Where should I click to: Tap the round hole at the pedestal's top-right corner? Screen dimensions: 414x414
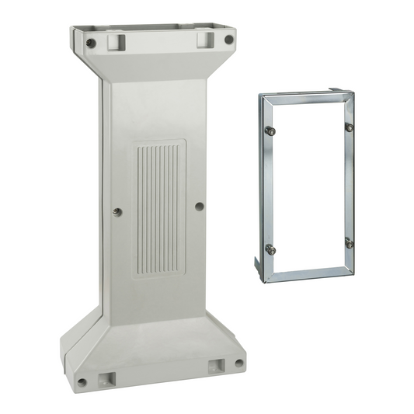point(228,40)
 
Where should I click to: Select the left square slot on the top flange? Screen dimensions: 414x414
point(117,38)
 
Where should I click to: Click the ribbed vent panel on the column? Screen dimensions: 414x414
point(160,207)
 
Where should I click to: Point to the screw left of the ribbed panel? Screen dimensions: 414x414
point(117,211)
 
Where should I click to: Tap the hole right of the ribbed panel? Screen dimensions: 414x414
point(200,207)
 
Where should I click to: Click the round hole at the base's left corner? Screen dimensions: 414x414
point(82,381)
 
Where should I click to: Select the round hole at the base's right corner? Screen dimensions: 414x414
point(238,362)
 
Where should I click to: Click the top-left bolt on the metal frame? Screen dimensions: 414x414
point(270,130)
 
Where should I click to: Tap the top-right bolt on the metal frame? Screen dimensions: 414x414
point(349,127)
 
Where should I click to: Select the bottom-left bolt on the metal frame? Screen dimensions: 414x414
point(270,249)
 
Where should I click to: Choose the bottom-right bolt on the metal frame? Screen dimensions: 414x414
point(349,243)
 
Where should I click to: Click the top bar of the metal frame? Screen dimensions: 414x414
point(306,98)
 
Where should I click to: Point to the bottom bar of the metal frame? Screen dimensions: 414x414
point(306,274)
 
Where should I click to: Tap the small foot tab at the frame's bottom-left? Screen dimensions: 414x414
point(257,268)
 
